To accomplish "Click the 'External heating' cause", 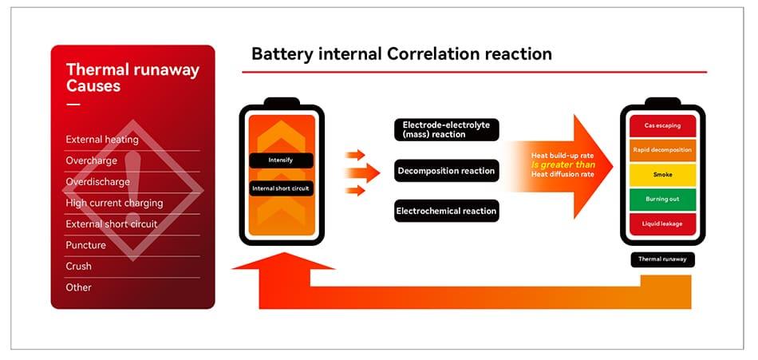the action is tap(102, 140).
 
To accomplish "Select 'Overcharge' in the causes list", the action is tap(92, 160).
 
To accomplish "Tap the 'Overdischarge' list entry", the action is tap(97, 181).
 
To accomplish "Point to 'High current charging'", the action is tap(114, 203).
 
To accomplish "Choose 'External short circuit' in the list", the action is tap(112, 224).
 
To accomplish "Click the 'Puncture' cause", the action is tap(85, 245).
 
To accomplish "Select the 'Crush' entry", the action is tap(78, 266).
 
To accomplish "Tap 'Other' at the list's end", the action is tap(78, 287).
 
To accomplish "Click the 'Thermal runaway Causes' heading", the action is tap(132, 77).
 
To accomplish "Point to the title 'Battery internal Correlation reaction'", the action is tap(401, 53).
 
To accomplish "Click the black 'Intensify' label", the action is tap(281, 160).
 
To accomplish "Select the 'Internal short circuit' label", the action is tap(281, 188).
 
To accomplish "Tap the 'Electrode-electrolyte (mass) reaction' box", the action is tap(446, 129).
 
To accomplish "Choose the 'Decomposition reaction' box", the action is tap(446, 171).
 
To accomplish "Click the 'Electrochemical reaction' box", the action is tap(446, 211).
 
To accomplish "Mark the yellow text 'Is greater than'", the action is tap(563, 165).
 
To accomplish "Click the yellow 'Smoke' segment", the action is tap(662, 175).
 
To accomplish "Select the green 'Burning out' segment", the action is tap(662, 200).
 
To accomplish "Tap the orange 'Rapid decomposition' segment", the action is tap(662, 150).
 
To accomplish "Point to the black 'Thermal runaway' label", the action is tap(662, 259).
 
